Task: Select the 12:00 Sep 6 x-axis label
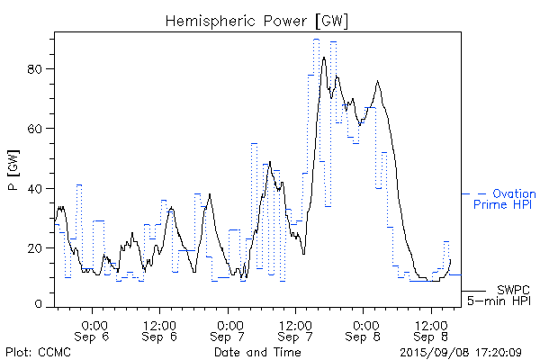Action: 159,330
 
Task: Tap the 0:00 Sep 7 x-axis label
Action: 229,330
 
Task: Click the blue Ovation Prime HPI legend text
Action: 507,199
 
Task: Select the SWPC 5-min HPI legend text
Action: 500,293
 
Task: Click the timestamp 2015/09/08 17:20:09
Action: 460,352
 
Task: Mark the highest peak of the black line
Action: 323,58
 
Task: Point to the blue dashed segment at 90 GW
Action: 316,40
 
